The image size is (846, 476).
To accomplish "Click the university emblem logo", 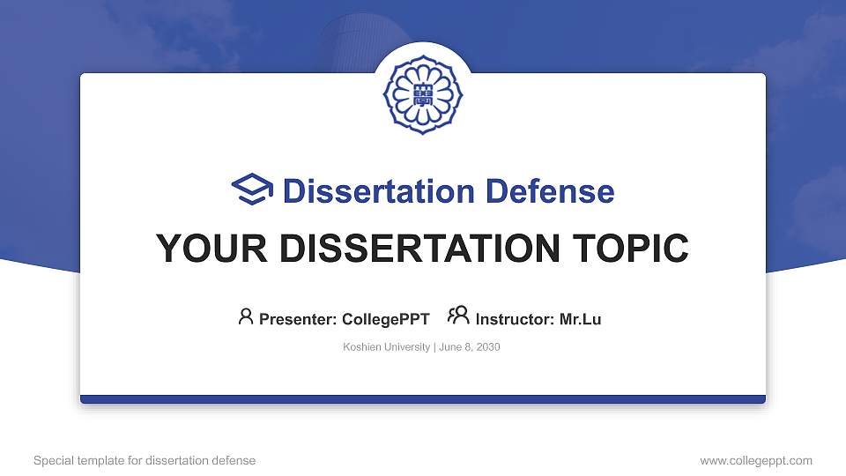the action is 423,95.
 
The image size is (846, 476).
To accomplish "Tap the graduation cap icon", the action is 252,189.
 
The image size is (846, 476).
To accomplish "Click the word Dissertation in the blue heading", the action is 379,191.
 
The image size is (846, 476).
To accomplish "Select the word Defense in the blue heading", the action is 550,191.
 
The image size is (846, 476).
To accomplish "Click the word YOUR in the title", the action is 211,249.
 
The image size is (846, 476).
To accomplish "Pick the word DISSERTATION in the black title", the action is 419,249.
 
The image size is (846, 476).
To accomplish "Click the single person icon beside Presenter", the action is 246,316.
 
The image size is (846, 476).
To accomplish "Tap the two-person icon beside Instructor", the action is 458,315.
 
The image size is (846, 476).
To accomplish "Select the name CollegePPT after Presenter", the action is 386,319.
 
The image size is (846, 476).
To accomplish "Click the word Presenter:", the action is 298,319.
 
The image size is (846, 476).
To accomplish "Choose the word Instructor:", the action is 515,319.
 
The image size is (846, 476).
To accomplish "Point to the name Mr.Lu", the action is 580,319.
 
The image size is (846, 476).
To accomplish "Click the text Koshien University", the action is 386,347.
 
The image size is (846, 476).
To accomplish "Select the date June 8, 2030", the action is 470,347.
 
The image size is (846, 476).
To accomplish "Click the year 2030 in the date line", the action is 487,347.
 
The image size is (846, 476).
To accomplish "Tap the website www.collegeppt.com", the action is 756,461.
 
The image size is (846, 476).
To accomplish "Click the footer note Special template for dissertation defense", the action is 145,460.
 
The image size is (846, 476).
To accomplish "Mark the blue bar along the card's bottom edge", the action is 423,399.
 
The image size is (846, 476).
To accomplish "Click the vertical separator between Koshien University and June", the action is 434,347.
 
